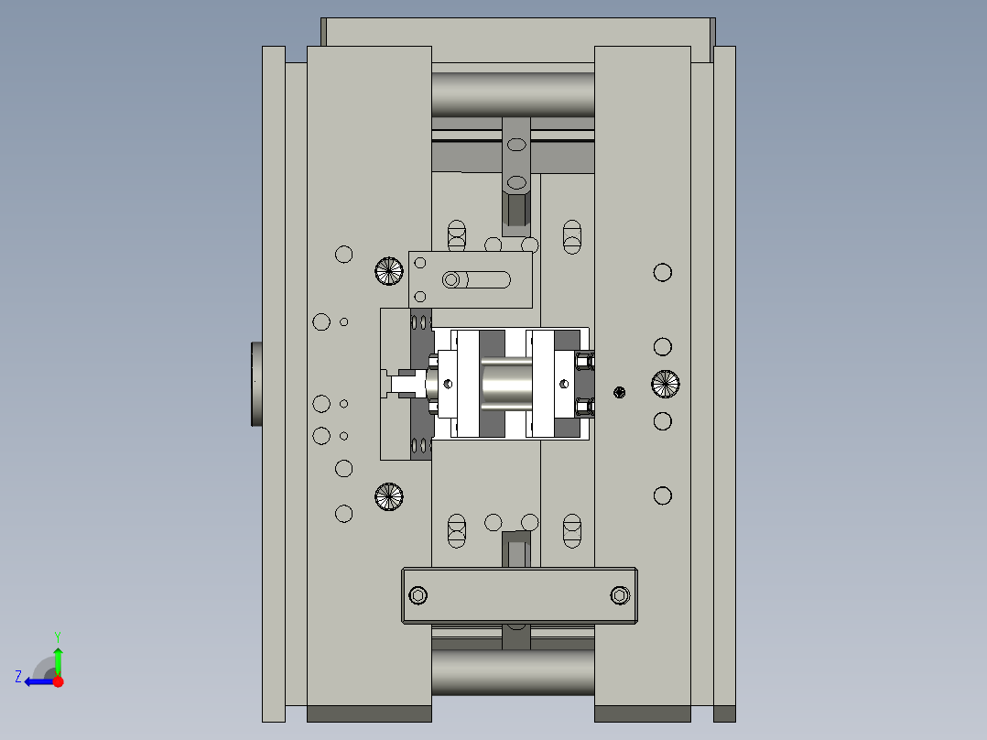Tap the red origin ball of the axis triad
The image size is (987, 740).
tap(58, 681)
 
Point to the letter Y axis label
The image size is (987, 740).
tap(58, 636)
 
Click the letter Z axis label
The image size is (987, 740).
tap(18, 677)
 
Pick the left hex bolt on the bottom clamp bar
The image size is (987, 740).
tap(418, 596)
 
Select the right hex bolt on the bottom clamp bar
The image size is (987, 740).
tap(620, 596)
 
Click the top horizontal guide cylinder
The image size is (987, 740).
tap(513, 94)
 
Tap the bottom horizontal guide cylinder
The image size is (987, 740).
tap(513, 671)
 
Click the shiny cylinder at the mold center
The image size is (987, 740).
tap(506, 384)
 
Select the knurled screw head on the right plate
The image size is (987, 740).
tap(666, 384)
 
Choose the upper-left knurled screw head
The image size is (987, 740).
tap(389, 270)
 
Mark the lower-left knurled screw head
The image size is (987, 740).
tap(389, 496)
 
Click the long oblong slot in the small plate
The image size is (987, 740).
tap(477, 279)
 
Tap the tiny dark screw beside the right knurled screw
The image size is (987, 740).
tap(620, 392)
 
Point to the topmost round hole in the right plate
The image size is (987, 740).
tap(662, 272)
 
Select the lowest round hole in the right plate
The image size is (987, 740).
tap(662, 495)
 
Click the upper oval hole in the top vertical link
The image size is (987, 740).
tap(516, 145)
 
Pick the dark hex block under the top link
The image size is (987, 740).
tap(516, 209)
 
